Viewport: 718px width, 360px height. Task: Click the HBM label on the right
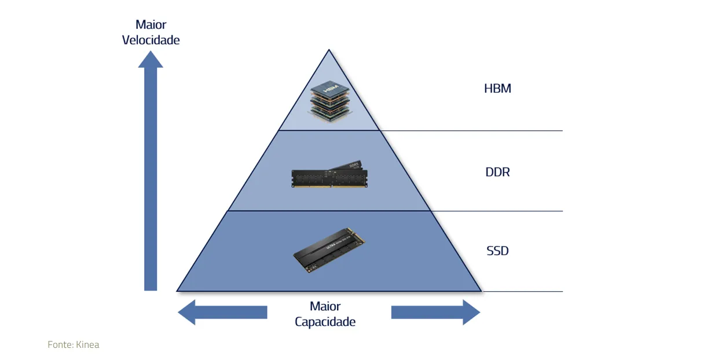coord(497,89)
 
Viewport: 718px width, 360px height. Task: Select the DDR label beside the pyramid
coord(497,172)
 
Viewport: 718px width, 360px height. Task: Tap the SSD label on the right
coord(497,251)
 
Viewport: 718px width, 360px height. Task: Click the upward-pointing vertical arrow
coord(151,174)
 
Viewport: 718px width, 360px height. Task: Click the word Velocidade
coord(151,40)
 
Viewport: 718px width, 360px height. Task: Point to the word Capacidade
coord(325,322)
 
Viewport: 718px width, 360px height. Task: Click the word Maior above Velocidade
coord(151,24)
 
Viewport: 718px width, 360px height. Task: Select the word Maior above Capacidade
coord(325,306)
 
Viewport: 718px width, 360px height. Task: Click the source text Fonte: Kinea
coord(74,345)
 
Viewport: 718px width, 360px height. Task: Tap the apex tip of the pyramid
coord(329,50)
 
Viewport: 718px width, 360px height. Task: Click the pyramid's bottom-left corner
coord(177,291)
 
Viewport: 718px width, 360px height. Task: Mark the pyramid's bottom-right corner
coord(481,291)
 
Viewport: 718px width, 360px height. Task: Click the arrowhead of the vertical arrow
coord(151,59)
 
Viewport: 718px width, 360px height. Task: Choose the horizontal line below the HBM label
coord(492,131)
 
